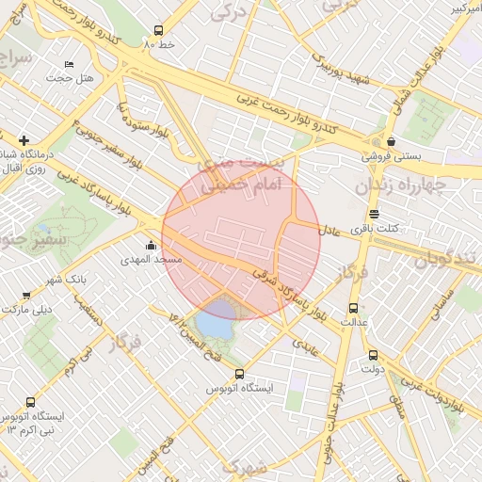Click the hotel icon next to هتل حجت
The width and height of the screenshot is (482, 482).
point(69,64)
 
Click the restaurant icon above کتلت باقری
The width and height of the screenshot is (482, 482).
point(374,214)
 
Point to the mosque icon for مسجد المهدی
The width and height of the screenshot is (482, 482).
point(151,246)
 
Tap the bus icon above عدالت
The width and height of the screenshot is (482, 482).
point(353,308)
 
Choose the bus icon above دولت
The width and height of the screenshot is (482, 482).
point(373,355)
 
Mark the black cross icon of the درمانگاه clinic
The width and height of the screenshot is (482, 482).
point(24,140)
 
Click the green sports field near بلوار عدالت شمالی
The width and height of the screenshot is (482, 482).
point(429,119)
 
